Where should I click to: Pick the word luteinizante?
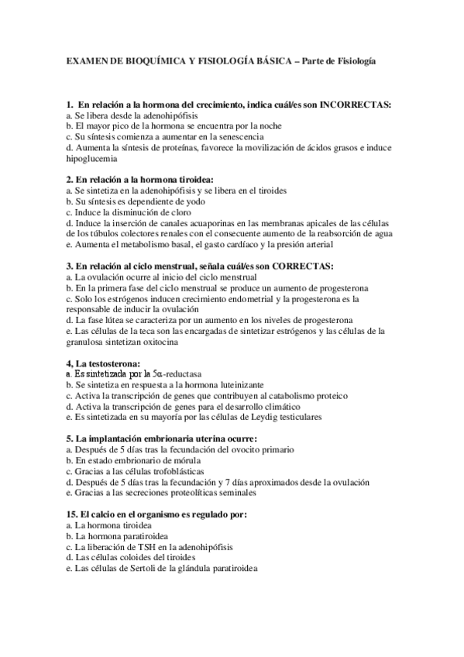point(238,384)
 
